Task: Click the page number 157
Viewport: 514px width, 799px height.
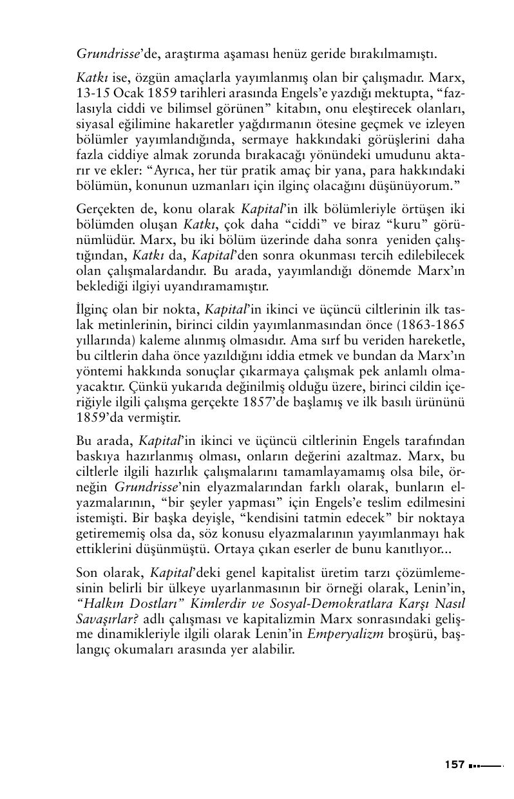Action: tap(454, 765)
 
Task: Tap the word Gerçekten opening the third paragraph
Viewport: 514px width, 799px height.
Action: tap(104, 210)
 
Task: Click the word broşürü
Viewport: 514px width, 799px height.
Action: tap(414, 635)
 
